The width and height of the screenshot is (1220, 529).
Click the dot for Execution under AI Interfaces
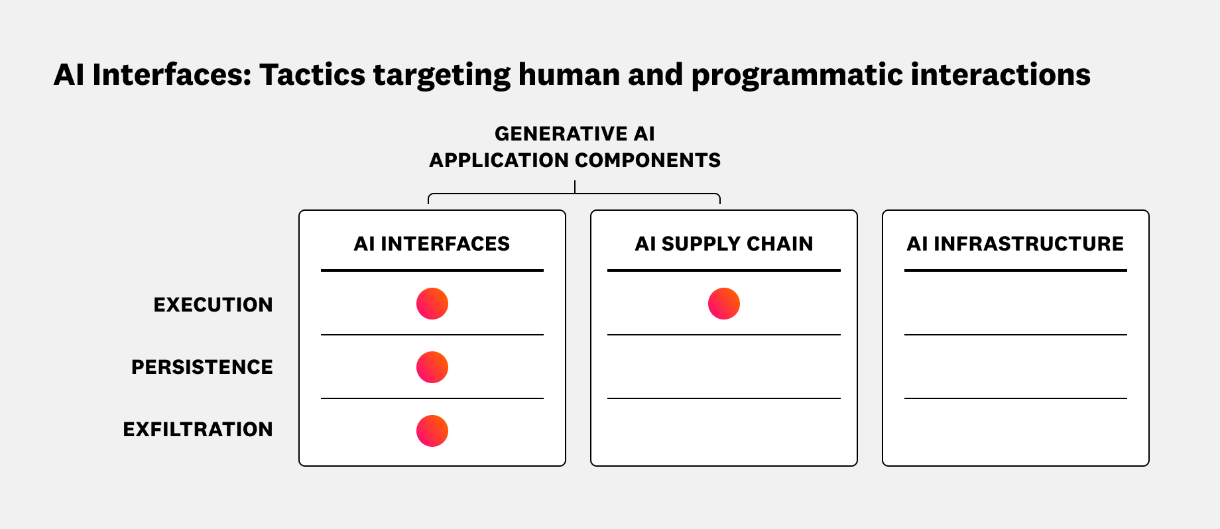432,304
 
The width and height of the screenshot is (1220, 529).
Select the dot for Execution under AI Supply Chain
724,304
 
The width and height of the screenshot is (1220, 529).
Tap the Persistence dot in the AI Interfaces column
432,367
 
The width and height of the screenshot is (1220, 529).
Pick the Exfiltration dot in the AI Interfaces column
432,431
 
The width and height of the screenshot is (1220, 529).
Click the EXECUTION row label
213,305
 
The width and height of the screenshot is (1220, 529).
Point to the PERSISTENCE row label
202,367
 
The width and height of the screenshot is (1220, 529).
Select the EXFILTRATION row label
198,430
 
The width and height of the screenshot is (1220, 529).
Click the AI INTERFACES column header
432,244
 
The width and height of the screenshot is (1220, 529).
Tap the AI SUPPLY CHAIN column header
723,244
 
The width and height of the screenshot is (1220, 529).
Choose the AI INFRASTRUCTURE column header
1015,244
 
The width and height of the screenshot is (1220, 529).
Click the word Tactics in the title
312,75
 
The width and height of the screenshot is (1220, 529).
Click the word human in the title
568,75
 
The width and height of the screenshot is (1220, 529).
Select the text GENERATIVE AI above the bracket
574,134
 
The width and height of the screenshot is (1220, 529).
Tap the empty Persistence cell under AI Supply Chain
724,367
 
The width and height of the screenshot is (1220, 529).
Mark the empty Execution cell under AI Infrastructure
1016,304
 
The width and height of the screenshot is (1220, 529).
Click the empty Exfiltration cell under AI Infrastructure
1016,431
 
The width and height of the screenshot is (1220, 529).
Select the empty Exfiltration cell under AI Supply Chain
724,431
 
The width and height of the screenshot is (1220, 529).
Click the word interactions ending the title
1001,75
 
